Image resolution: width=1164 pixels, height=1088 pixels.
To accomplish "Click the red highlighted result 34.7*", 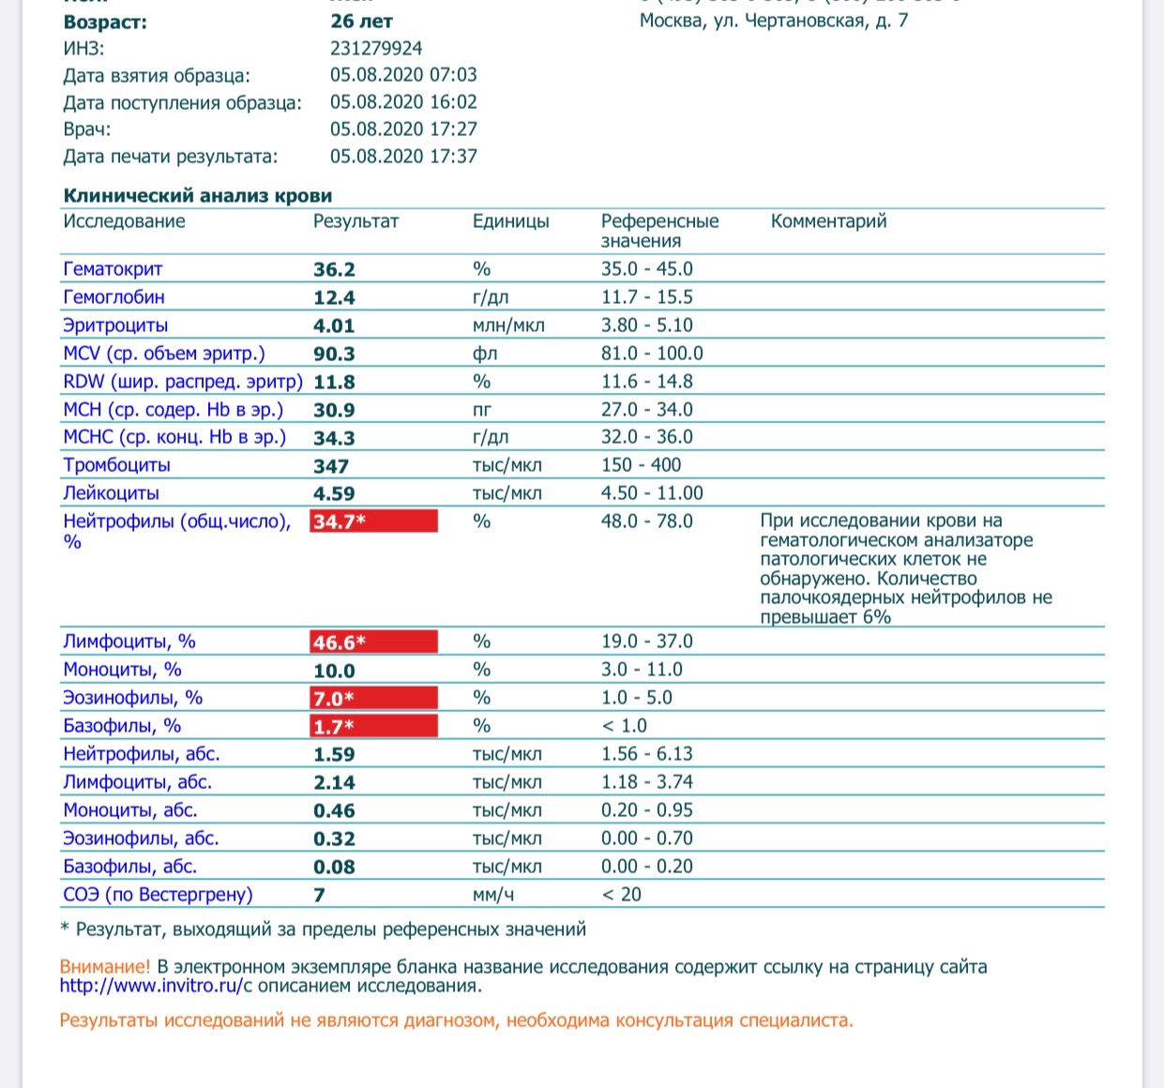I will (373, 521).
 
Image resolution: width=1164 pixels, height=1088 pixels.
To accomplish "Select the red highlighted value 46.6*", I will (373, 642).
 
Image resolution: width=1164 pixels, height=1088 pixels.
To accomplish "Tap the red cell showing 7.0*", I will (373, 699).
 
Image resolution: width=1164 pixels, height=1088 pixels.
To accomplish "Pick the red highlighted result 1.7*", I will (373, 727).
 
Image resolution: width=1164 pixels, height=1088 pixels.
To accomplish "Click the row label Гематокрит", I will (113, 269).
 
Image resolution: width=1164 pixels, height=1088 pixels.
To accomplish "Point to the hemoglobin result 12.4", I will (334, 298).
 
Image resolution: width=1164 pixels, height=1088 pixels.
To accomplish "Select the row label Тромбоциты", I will (116, 465).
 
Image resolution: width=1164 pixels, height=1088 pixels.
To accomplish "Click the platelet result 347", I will (331, 466).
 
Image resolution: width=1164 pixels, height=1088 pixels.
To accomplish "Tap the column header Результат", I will (355, 221).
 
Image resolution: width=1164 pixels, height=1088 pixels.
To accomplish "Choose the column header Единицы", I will (510, 221).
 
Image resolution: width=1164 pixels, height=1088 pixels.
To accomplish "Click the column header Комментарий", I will (828, 221).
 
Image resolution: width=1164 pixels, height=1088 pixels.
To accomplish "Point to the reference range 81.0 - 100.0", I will (652, 354).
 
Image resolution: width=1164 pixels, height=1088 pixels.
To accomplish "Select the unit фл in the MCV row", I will (485, 354).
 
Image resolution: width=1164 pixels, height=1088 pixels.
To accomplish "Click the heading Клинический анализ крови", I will (197, 196).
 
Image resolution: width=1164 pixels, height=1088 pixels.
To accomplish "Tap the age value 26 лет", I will (361, 21).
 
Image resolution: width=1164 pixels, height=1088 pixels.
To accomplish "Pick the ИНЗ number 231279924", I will (376, 48).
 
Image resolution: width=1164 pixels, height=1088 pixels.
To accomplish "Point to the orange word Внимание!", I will (104, 966).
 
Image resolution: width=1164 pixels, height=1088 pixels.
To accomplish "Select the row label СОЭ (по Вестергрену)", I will (158, 895).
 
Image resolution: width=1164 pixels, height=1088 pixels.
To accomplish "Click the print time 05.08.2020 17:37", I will (403, 157).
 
